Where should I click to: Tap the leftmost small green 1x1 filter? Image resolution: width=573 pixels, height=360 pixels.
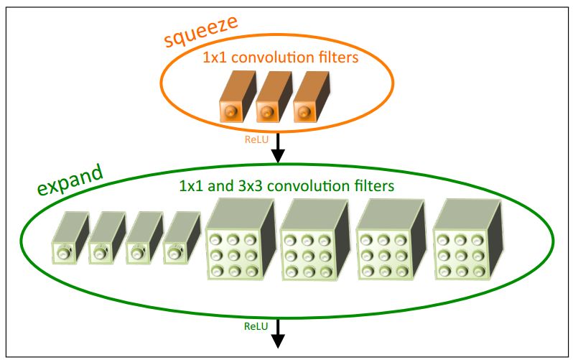tap(69, 240)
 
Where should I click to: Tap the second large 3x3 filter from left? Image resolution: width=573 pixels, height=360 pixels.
tap(312, 244)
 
